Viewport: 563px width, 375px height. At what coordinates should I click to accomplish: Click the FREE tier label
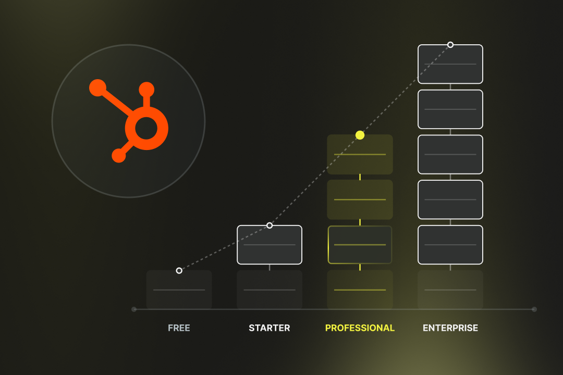point(179,328)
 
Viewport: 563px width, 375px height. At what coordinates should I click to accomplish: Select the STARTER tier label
point(269,328)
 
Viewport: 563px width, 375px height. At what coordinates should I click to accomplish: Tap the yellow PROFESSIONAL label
point(360,328)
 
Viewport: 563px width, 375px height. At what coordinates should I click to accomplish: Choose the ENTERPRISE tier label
point(450,328)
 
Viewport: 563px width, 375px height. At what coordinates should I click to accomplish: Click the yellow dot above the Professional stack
point(360,135)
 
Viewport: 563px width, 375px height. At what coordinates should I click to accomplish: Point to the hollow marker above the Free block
point(179,270)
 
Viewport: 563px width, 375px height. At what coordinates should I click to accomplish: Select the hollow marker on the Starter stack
point(270,226)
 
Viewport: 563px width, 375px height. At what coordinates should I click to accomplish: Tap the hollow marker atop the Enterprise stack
point(450,45)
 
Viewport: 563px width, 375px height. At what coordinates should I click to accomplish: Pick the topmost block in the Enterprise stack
point(450,65)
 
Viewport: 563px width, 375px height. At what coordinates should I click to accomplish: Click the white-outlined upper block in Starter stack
point(270,245)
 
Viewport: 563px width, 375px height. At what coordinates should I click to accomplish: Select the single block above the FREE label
point(179,290)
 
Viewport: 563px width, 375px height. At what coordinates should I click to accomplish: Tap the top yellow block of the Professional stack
point(360,155)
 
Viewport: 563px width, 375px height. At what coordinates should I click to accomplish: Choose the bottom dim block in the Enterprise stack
point(450,290)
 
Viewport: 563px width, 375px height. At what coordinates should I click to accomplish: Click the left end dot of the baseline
point(134,309)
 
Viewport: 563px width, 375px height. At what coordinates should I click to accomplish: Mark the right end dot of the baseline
point(534,309)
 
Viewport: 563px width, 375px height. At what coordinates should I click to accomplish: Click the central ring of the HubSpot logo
point(146,128)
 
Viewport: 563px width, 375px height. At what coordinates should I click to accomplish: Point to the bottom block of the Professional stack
point(360,290)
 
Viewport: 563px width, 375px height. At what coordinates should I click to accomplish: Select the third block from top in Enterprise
point(450,154)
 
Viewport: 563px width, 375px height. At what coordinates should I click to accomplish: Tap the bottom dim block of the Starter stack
point(270,290)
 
